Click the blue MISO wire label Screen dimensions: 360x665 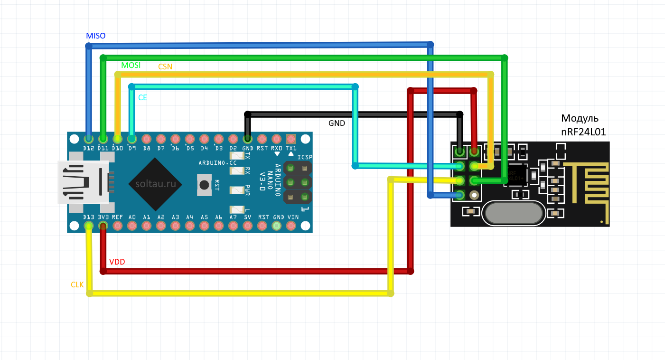click(x=95, y=36)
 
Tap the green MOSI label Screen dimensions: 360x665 click(x=131, y=66)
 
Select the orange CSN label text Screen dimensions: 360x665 click(x=165, y=67)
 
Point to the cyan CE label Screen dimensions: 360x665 click(x=142, y=97)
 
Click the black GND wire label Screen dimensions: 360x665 click(x=337, y=123)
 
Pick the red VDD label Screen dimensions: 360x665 click(x=117, y=262)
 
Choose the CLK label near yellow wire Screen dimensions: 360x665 click(x=77, y=285)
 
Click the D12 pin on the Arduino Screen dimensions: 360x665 click(x=88, y=139)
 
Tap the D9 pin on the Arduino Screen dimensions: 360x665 click(x=132, y=139)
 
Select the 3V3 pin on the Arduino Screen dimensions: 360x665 click(x=103, y=226)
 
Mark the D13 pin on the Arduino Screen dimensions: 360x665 click(x=88, y=226)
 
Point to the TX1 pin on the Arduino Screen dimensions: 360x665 click(x=291, y=139)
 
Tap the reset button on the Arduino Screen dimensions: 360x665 click(x=205, y=185)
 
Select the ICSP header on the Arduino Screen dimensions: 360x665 click(x=298, y=182)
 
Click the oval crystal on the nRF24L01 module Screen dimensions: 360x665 click(x=513, y=214)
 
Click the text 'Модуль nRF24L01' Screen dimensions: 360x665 click(x=583, y=125)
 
